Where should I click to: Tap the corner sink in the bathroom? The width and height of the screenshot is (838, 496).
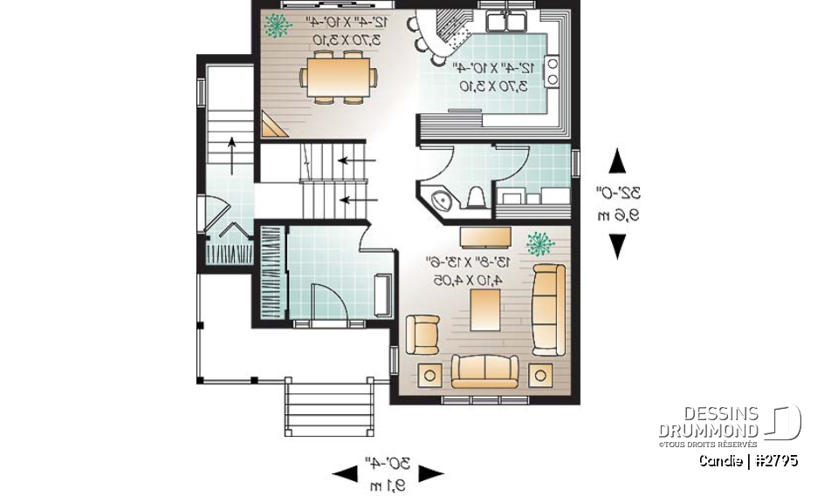click(x=443, y=200)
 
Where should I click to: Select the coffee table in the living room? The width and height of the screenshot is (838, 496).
click(x=484, y=310)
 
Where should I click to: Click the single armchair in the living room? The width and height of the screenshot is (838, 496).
click(x=423, y=333)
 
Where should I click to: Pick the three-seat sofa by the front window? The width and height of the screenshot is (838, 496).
click(x=484, y=370)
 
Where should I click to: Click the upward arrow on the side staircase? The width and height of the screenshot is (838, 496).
click(x=231, y=153)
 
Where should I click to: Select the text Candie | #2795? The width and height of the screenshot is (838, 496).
click(x=748, y=460)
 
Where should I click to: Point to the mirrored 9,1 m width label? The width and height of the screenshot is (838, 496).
click(x=388, y=486)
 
